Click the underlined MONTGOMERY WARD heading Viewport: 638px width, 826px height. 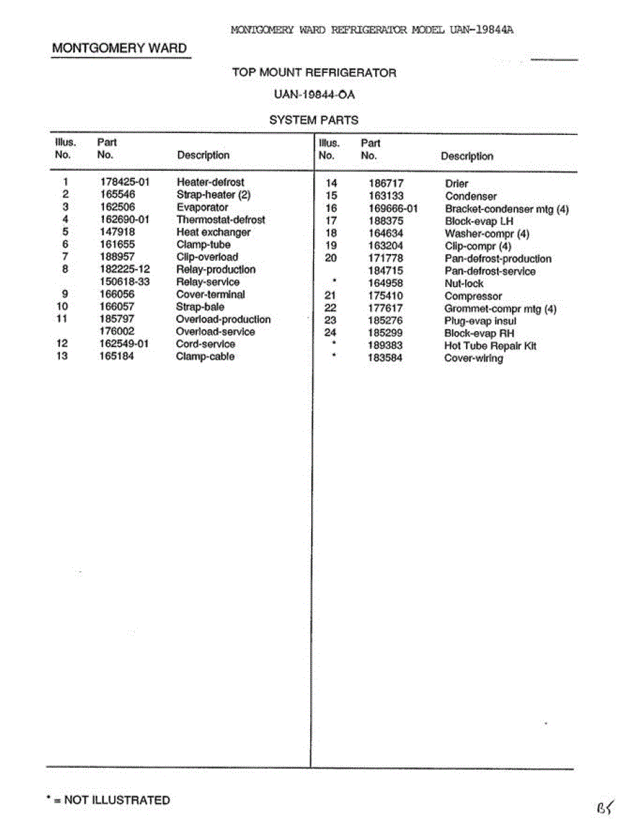pos(120,48)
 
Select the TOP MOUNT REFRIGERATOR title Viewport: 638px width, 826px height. pos(314,72)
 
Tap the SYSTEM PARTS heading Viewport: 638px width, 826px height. pos(314,120)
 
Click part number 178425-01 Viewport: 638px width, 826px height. pos(125,182)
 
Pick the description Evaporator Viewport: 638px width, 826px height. pos(202,207)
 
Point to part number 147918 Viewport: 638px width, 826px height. pos(117,232)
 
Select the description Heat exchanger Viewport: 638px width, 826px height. pos(213,232)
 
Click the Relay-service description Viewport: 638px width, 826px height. pos(208,282)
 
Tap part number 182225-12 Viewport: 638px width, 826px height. pos(125,270)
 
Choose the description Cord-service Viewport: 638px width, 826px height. pos(206,344)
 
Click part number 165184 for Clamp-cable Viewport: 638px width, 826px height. pos(117,357)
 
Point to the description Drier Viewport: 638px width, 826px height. pos(456,184)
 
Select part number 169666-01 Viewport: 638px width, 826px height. pos(394,209)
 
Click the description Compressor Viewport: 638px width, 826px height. pos(473,296)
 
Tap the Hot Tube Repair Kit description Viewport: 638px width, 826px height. pos(490,346)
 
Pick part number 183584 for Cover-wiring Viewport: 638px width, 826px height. pos(385,358)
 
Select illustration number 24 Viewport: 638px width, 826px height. pos(330,333)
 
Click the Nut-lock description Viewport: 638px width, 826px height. pos(464,284)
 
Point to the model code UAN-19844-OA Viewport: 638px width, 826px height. pos(314,95)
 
